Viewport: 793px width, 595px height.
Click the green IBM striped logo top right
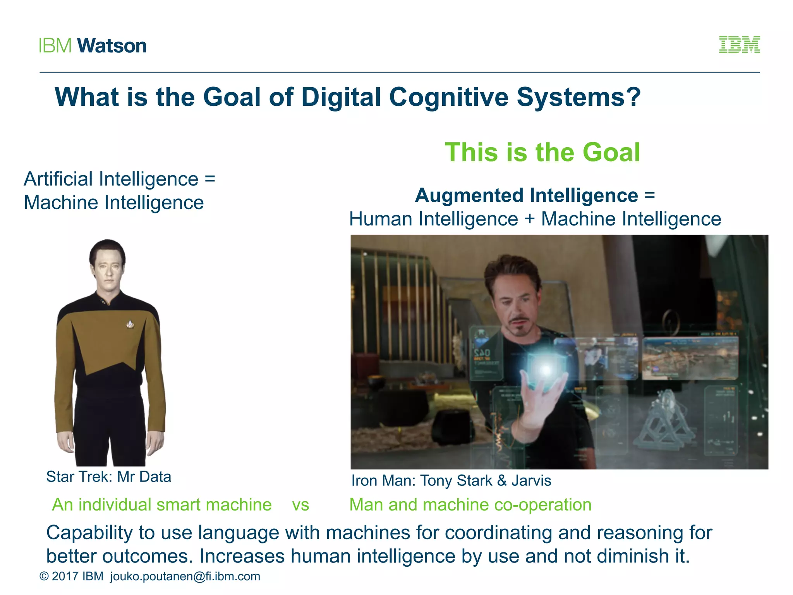pos(739,45)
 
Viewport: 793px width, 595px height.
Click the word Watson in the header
pos(112,46)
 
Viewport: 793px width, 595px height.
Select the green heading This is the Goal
pos(542,152)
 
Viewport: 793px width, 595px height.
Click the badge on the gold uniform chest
pos(130,323)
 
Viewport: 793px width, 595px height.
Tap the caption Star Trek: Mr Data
pos(108,476)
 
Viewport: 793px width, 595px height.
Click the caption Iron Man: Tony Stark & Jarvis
pos(451,480)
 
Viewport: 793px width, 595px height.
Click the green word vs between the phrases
pos(300,505)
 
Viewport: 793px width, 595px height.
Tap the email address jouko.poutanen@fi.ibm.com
pos(185,576)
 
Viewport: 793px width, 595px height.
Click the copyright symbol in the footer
pos(44,576)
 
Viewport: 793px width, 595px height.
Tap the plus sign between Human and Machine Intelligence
pos(529,219)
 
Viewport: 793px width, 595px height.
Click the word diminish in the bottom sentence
pos(633,556)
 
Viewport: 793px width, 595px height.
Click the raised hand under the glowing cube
pos(538,403)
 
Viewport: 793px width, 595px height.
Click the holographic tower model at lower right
pos(664,422)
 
